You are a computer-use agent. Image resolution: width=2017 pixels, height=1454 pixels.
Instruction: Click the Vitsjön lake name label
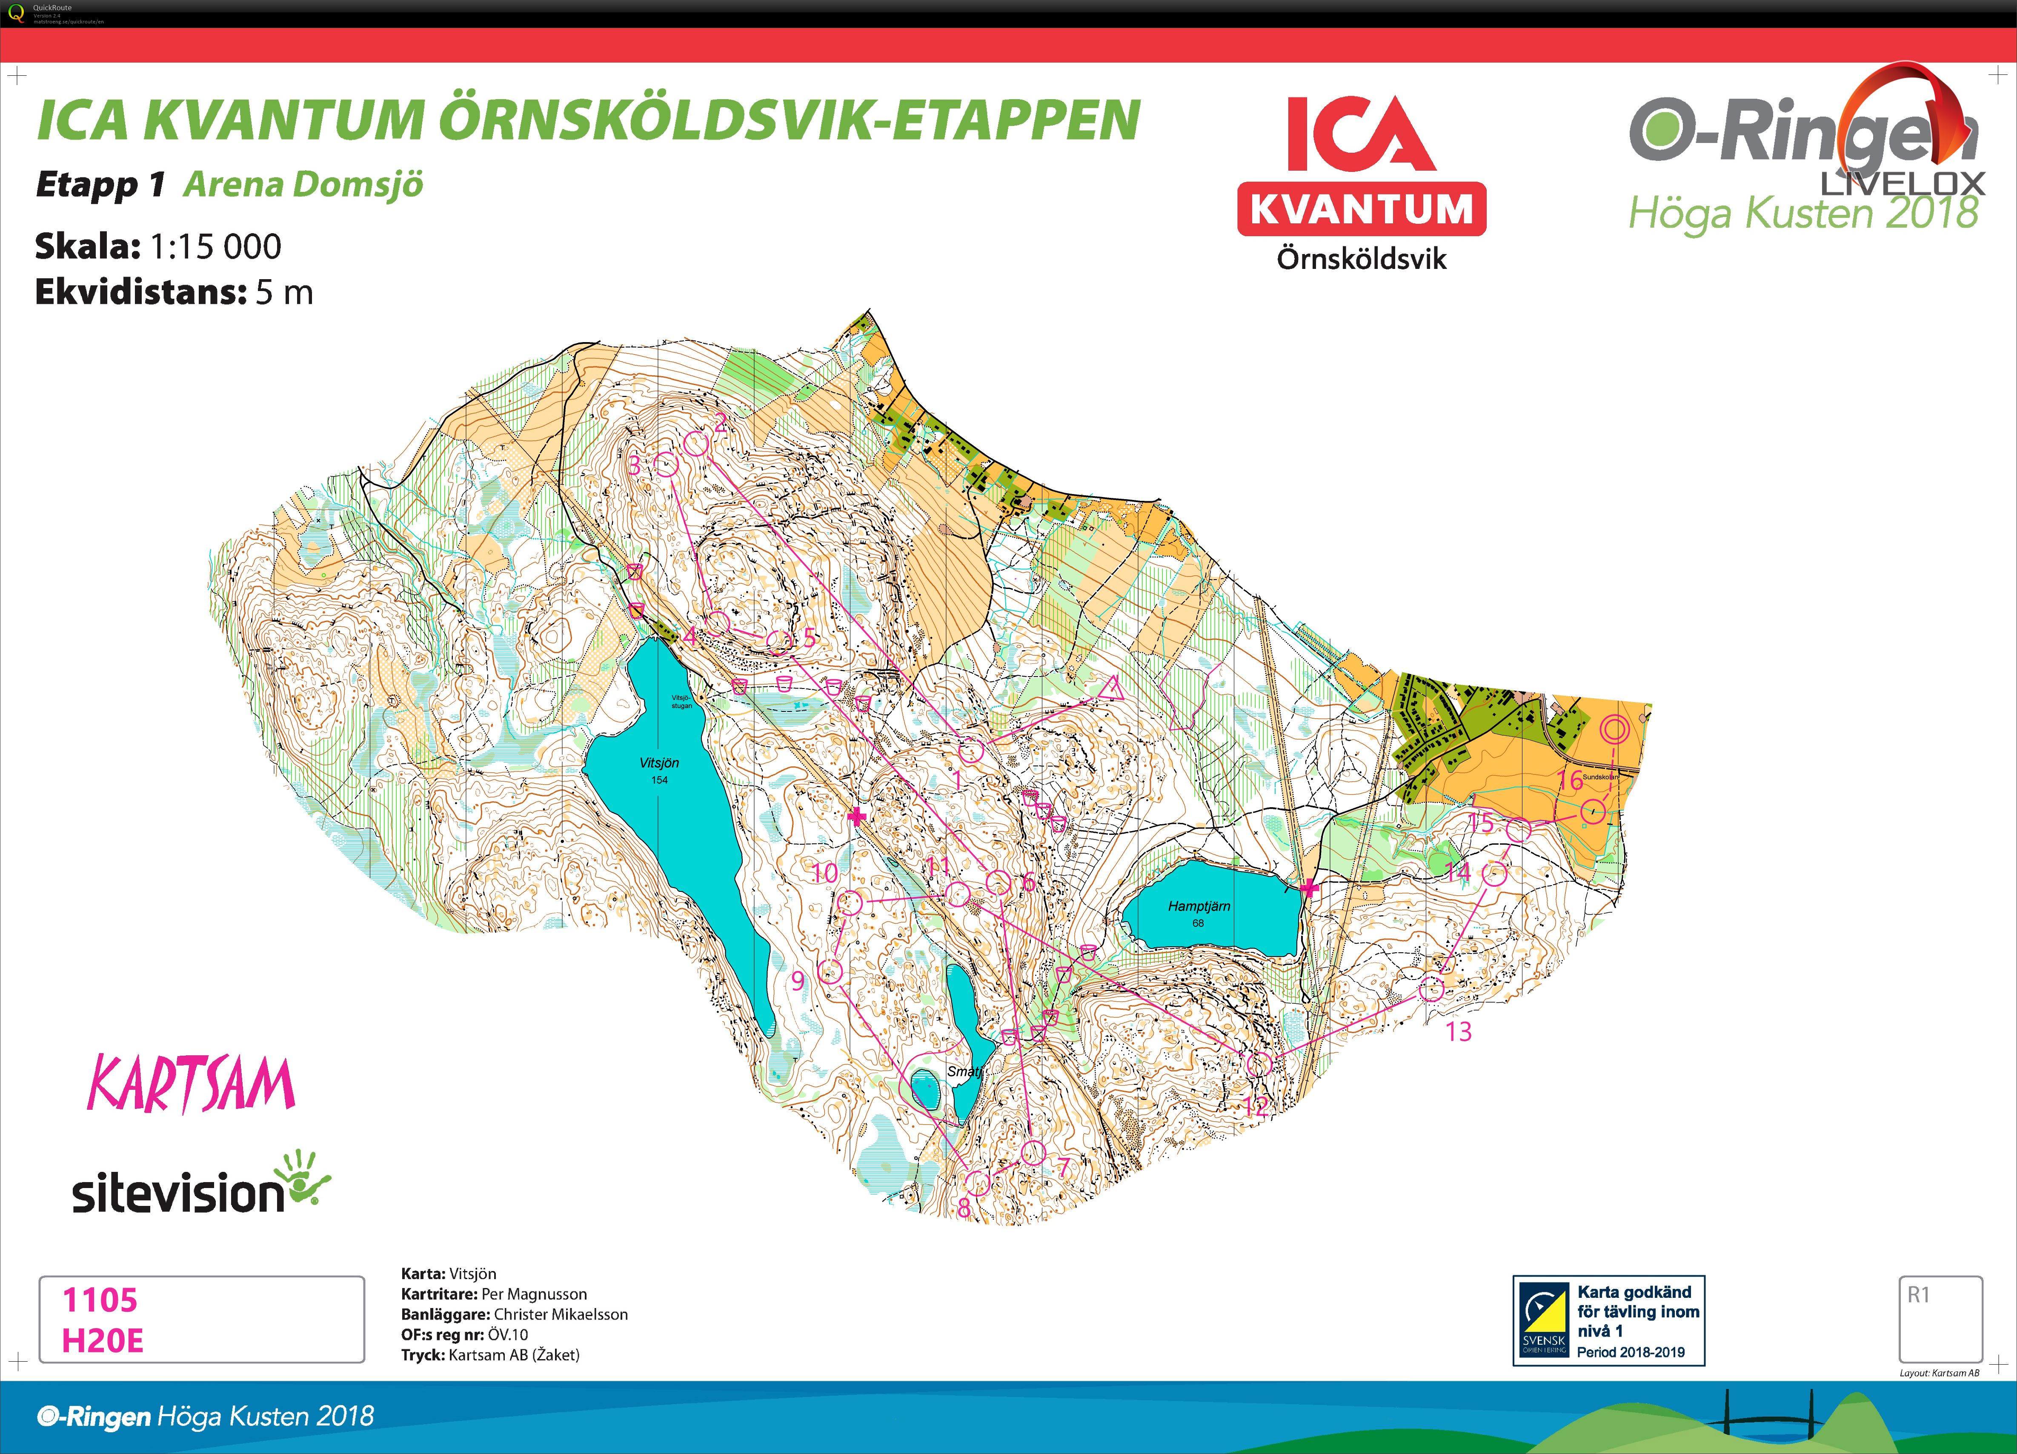659,763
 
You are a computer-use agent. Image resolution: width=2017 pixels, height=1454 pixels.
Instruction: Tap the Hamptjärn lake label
1199,906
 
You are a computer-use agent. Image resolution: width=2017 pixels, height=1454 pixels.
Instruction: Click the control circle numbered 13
1430,989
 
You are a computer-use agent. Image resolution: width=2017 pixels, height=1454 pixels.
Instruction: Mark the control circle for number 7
1033,1153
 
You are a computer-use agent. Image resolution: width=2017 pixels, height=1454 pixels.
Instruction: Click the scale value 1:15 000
216,246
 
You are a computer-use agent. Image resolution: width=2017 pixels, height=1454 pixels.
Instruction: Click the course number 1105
100,1300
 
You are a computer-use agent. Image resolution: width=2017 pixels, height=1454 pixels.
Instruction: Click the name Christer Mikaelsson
560,1314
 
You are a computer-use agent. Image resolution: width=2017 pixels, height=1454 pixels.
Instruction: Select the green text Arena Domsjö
303,185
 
